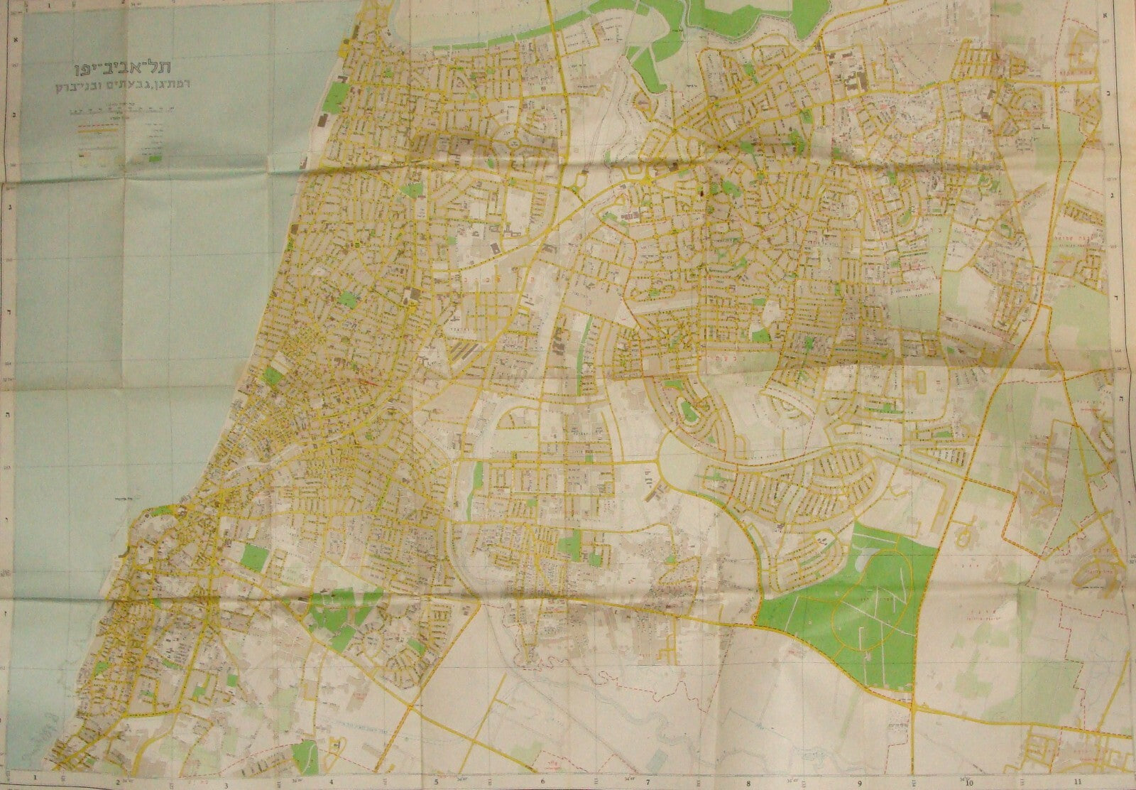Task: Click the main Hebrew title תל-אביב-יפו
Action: pyautogui.click(x=112, y=71)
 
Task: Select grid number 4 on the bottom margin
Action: pyautogui.click(x=322, y=779)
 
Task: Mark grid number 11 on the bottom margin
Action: pyautogui.click(x=1078, y=779)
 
